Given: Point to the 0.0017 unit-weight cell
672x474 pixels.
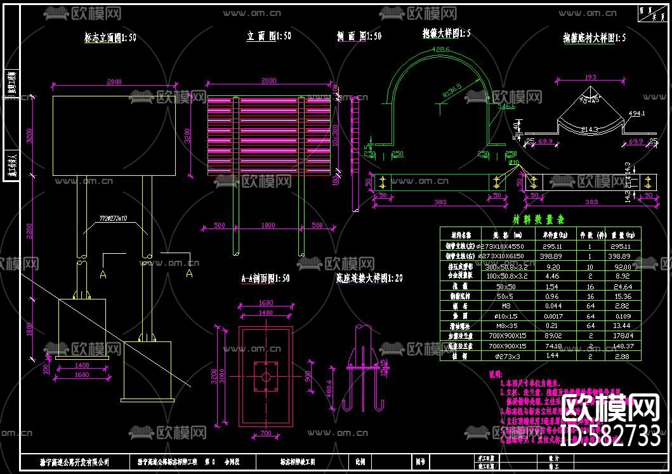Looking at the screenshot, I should pyautogui.click(x=551, y=315).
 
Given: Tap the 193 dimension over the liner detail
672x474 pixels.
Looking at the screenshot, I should pyautogui.click(x=590, y=77).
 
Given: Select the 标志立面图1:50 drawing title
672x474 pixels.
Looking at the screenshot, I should pyautogui.click(x=110, y=38).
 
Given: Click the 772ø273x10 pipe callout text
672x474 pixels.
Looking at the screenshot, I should pyautogui.click(x=113, y=218).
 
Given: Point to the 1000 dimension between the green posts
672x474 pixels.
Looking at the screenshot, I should pyautogui.click(x=269, y=225).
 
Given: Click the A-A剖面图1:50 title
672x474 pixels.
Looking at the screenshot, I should pyautogui.click(x=265, y=278).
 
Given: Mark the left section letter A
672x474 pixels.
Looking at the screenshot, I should pyautogui.click(x=102, y=273).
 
